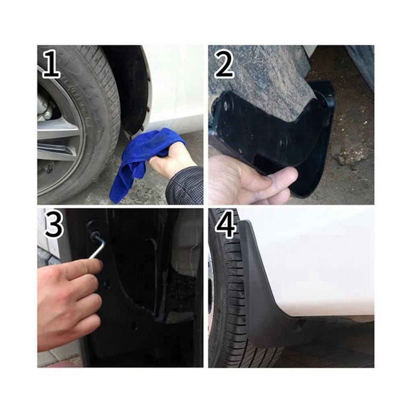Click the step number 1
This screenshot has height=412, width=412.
(x=51, y=64)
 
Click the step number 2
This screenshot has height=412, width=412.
(x=224, y=64)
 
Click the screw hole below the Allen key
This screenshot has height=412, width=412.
(x=106, y=284)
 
